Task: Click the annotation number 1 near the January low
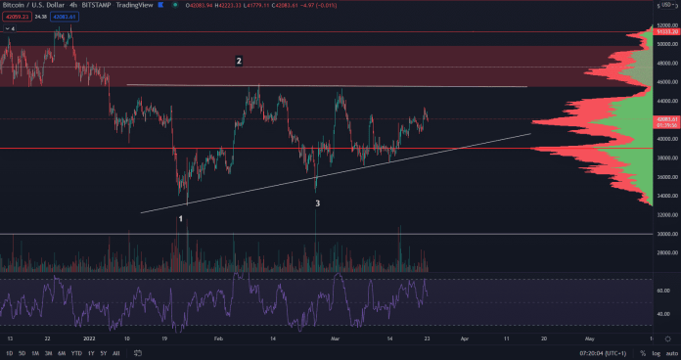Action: tap(182, 219)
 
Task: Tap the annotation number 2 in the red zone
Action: tap(238, 61)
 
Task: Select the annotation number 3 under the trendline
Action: tap(317, 203)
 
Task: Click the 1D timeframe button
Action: tap(10, 352)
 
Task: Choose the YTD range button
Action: tap(76, 352)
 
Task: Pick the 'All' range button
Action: tap(116, 352)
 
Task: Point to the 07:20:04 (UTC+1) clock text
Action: tap(604, 352)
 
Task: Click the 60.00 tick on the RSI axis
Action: tap(665, 291)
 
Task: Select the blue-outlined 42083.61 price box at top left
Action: tap(65, 18)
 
